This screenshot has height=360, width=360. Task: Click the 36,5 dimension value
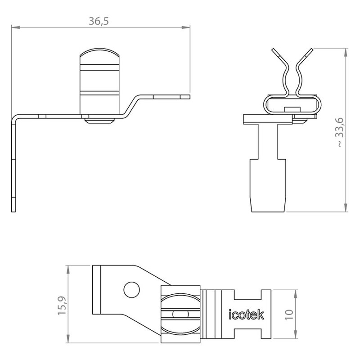pos(99,21)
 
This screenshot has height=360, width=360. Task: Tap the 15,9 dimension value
pos(62,306)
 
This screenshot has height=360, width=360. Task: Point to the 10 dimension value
pos(289,315)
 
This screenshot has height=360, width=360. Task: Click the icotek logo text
pos(246,314)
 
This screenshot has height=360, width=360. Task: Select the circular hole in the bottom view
pos(131,290)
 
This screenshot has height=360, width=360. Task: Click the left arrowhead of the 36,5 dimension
pos(16,27)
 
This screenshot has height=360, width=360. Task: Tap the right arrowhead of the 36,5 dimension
pos(186,27)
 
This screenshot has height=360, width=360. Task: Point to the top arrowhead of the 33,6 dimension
pos(346,53)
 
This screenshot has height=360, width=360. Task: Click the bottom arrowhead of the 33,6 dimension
pos(346,207)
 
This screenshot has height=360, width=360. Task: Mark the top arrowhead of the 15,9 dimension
pos(68,270)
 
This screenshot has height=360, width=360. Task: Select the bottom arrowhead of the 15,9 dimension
pos(68,339)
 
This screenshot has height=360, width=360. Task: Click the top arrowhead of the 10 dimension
pos(296,294)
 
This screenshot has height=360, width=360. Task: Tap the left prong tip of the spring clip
pos(274,50)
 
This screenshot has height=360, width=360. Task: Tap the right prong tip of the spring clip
pos(311,50)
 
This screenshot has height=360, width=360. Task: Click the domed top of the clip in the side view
pos(99,52)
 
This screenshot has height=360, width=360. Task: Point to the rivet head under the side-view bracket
pos(99,121)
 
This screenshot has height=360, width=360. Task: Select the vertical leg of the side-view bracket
pos(13,165)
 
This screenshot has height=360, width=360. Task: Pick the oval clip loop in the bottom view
pos(180,315)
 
